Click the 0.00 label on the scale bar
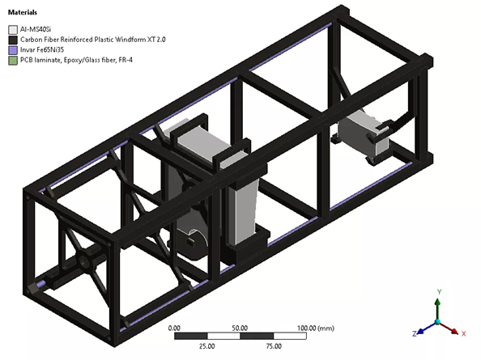click(x=173, y=328)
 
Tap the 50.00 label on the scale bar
click(x=240, y=328)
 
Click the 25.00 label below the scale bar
click(x=206, y=346)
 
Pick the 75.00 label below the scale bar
click(x=274, y=346)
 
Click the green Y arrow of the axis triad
click(x=437, y=307)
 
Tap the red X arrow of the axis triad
click(x=453, y=328)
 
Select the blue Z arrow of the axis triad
click(x=422, y=329)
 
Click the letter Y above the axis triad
click(x=437, y=291)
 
